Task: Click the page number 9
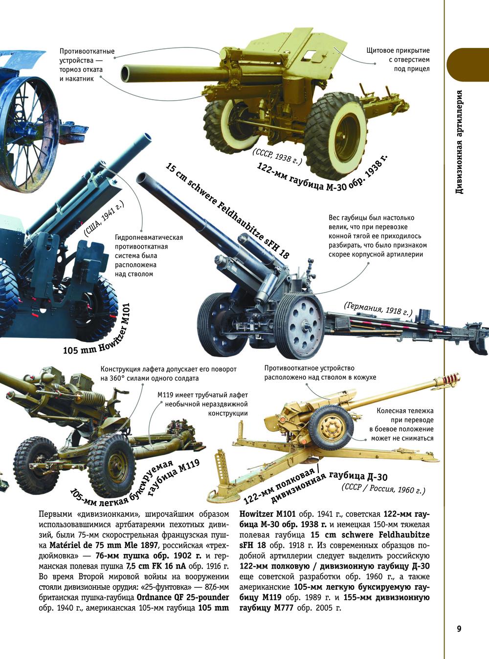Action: (459, 629)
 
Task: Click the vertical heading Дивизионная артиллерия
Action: (459, 142)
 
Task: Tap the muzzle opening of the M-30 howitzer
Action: (126, 73)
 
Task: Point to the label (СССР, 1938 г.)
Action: (277, 156)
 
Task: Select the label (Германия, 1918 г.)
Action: (378, 309)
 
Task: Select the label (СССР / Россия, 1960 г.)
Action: (383, 489)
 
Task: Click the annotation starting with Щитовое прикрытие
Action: (398, 59)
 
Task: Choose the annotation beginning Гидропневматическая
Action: (149, 255)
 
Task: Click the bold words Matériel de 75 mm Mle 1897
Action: (104, 545)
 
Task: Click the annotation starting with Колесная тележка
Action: (401, 424)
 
